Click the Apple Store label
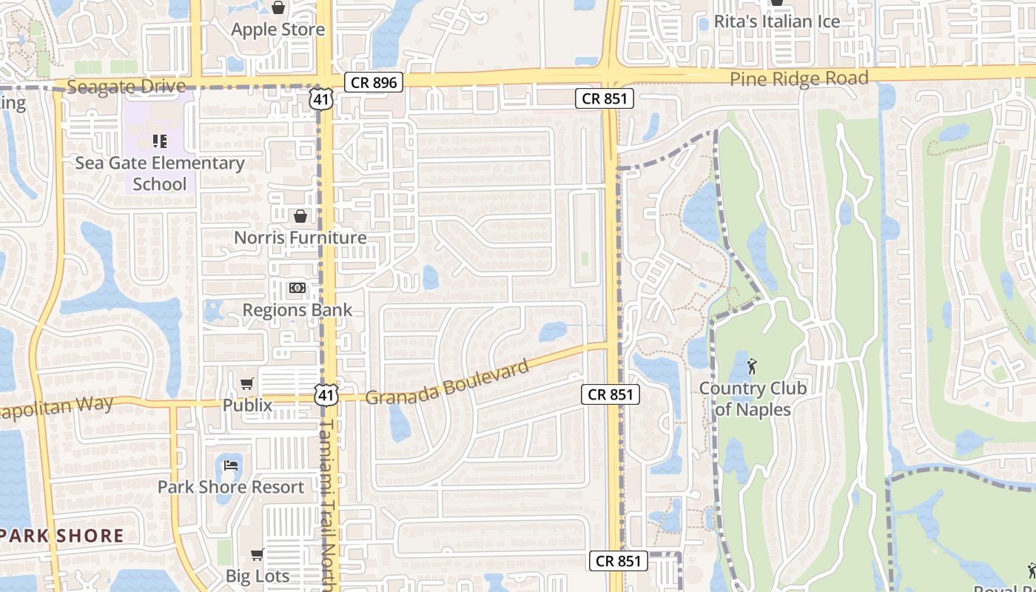[x=277, y=30]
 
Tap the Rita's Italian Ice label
[x=776, y=21]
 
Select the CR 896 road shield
[x=374, y=82]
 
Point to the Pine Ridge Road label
[x=798, y=79]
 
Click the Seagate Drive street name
[x=126, y=87]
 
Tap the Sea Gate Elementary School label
[x=160, y=173]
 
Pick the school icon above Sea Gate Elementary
[x=159, y=141]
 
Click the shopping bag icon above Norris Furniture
[x=300, y=216]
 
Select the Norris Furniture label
[x=300, y=238]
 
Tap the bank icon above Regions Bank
[x=297, y=288]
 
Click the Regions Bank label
[x=297, y=310]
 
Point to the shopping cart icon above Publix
[x=247, y=383]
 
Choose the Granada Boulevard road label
[x=448, y=383]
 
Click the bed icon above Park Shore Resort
[x=231, y=465]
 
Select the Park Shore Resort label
[x=231, y=487]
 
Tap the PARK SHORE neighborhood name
[x=62, y=536]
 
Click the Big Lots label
[x=258, y=576]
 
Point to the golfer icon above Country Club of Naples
[x=753, y=366]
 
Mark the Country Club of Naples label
[x=753, y=399]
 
